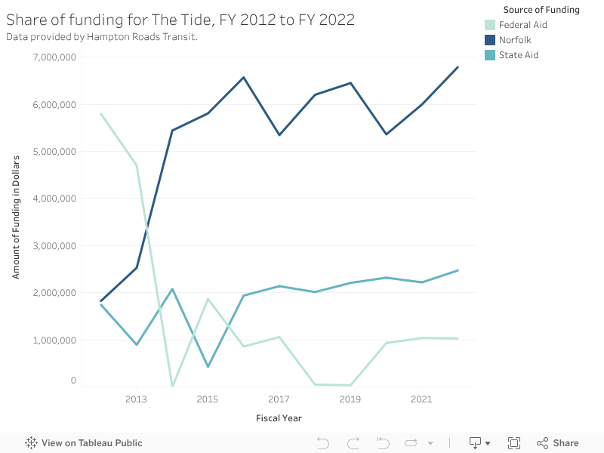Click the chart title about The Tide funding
[x=180, y=20]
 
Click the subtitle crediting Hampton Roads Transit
[x=102, y=36]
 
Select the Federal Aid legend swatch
[x=491, y=25]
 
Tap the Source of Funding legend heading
[x=541, y=10]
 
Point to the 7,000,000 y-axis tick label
[x=55, y=57]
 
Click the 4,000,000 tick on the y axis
[x=55, y=199]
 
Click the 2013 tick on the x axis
[x=136, y=399]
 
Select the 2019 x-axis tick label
[x=350, y=399]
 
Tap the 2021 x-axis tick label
[x=421, y=399]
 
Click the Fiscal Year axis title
[x=279, y=418]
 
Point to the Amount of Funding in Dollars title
[x=16, y=217]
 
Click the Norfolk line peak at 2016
[x=243, y=77]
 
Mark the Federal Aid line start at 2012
[x=100, y=114]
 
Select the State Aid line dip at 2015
[x=208, y=367]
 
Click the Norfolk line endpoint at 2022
[x=458, y=67]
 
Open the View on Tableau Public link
[x=84, y=443]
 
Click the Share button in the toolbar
[x=557, y=443]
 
